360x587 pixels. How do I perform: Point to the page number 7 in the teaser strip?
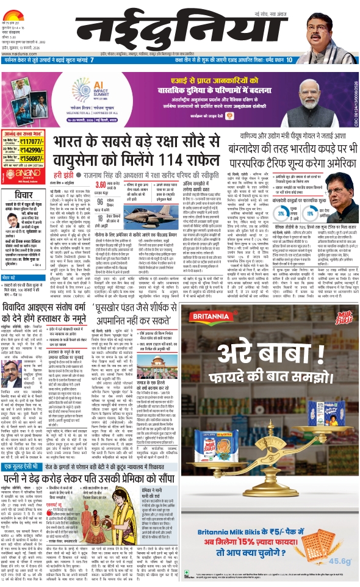[92, 60]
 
